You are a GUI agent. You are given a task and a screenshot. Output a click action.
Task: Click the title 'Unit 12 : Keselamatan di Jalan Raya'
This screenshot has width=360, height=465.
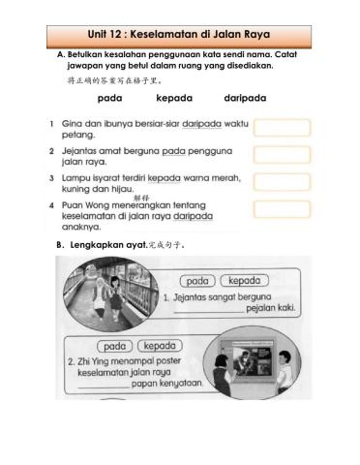pos(180,37)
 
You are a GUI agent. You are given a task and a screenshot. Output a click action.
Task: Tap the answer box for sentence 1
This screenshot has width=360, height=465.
pos(282,128)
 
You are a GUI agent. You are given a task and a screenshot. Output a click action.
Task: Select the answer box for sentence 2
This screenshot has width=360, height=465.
pos(282,155)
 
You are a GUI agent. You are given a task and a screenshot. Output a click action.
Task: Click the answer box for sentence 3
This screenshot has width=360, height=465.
pos(282,182)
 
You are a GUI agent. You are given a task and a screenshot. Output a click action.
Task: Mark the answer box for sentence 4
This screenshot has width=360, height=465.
pos(282,209)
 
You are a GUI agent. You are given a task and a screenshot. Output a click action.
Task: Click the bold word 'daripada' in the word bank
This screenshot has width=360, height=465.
pos(245,99)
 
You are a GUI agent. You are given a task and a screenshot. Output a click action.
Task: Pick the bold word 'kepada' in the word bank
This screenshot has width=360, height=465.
pos(174,99)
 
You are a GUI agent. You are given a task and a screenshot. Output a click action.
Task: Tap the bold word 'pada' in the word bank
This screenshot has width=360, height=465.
pos(110,99)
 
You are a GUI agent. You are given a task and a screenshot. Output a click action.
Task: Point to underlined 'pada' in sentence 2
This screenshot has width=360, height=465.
pos(174,152)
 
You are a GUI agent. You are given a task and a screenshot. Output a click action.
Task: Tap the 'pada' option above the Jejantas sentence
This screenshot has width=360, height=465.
pos(197,281)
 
